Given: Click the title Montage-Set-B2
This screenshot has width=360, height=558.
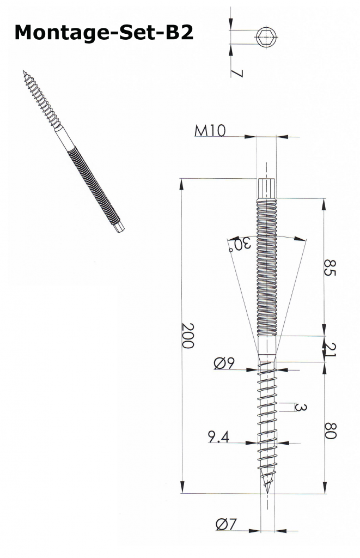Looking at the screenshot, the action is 104,33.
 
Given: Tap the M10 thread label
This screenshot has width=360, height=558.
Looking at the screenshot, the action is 210,131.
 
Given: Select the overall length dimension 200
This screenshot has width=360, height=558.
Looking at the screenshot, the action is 187,335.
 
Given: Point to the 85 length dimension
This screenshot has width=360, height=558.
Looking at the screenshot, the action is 330,268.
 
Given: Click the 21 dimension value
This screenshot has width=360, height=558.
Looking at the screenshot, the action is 331,349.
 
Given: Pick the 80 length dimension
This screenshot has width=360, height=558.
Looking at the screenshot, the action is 331,430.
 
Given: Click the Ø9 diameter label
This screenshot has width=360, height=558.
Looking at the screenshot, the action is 224,363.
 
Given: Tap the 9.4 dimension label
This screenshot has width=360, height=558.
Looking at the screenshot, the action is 218,436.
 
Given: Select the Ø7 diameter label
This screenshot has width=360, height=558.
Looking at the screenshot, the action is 226,524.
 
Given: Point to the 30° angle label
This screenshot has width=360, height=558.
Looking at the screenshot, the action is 241,245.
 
